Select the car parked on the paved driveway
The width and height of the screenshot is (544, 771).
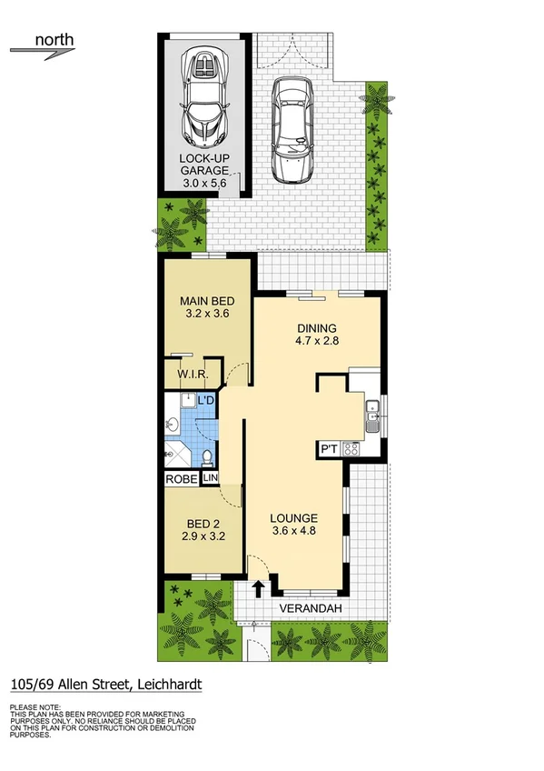point(293,126)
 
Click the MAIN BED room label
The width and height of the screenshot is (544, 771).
point(207,302)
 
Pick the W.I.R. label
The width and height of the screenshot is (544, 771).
point(194,375)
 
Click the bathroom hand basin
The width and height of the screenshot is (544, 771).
point(173,424)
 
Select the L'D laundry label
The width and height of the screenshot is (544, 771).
point(206,401)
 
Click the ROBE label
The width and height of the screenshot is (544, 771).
point(181,478)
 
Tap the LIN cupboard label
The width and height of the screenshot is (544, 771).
point(210,478)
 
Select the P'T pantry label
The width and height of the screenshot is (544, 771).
point(328,449)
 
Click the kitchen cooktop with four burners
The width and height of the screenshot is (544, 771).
point(351,448)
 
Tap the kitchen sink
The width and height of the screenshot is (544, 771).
point(371,417)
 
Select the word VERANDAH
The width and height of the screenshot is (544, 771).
point(309,607)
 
